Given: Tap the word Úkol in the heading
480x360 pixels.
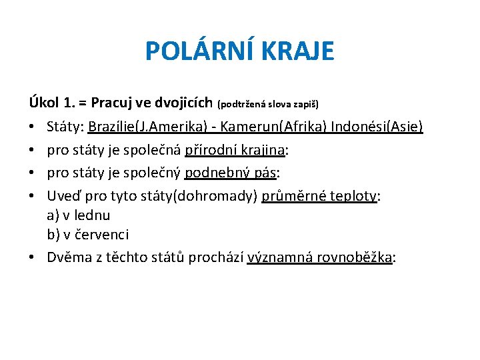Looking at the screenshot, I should point(43,103).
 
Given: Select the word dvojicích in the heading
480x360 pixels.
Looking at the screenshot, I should point(183,103).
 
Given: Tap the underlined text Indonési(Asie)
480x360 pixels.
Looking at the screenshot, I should point(377,127).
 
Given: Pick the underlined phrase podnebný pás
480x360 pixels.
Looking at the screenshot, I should point(230,174).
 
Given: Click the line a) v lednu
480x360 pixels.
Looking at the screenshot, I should point(79,215).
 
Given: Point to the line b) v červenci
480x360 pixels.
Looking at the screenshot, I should point(88,235).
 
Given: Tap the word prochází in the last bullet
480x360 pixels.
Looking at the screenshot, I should point(218,258).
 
